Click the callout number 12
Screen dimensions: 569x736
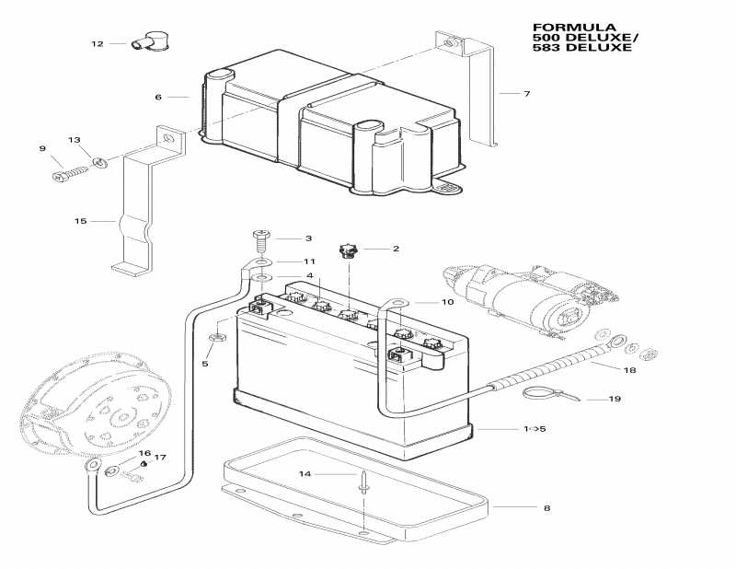point(98,43)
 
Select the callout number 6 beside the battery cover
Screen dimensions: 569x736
point(158,96)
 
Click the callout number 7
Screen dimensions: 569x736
point(526,94)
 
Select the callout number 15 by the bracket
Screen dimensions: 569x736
point(81,221)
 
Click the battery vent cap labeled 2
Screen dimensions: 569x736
point(351,250)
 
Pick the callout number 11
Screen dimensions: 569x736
point(284,261)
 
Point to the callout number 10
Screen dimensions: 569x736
point(447,302)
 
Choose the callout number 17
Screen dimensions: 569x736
point(160,458)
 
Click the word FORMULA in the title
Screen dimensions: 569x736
point(561,27)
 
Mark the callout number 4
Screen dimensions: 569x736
point(310,276)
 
